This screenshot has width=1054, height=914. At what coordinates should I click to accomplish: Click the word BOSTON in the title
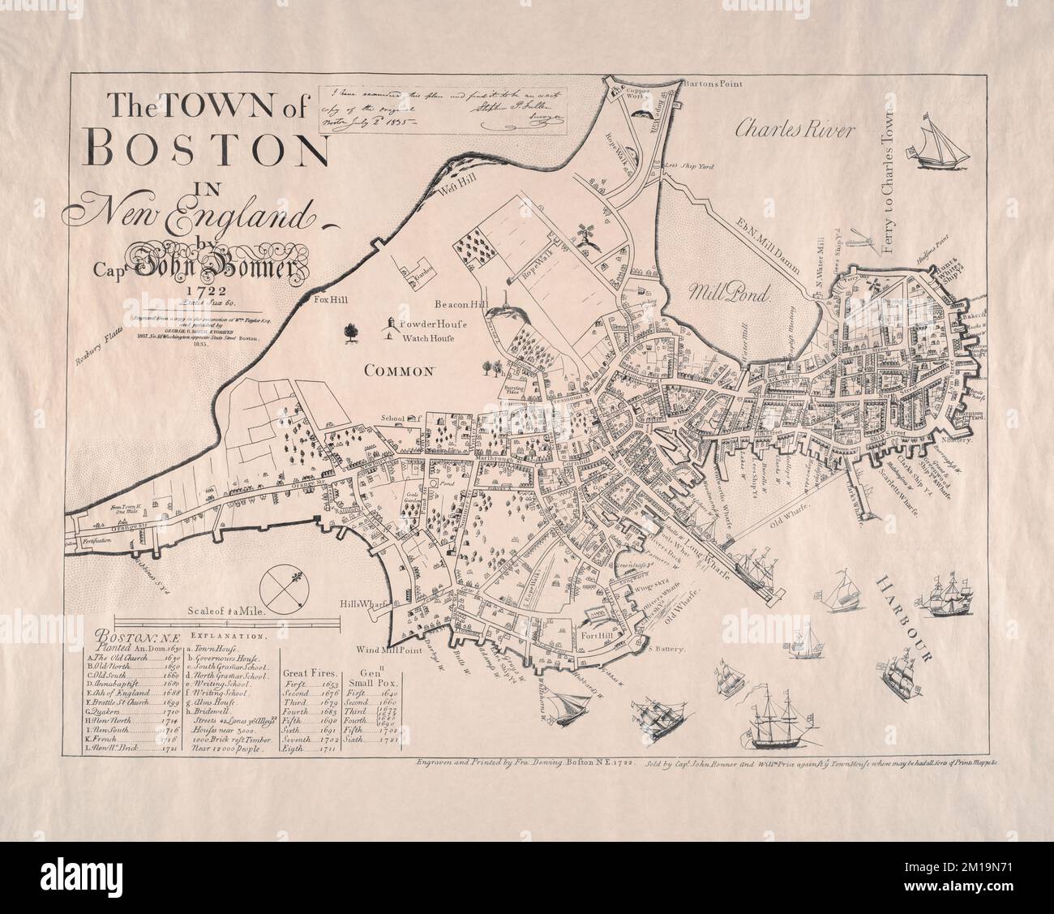(x=206, y=147)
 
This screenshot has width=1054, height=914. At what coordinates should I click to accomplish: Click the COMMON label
(x=399, y=371)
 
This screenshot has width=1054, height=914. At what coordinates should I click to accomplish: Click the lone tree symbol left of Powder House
(x=351, y=331)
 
